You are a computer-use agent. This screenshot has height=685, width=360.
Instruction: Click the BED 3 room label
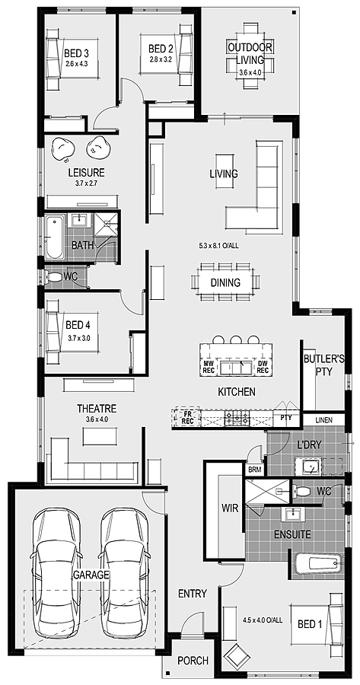point(76,54)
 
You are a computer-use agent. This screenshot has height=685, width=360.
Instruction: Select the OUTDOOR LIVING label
point(250,53)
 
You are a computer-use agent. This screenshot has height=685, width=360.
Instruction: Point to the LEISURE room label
point(86,173)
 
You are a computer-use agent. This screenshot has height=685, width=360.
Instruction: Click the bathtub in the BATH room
point(55,237)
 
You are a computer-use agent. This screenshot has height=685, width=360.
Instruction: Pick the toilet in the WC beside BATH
point(53,277)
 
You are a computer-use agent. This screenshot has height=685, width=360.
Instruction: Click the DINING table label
point(225,282)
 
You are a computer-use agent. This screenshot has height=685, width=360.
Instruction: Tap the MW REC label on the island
point(208,367)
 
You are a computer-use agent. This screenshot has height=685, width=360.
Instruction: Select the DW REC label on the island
point(263,367)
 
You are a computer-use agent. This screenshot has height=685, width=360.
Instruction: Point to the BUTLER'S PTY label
point(324,365)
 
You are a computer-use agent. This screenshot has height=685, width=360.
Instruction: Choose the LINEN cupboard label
point(323,420)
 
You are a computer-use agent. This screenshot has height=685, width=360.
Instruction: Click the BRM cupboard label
point(254,470)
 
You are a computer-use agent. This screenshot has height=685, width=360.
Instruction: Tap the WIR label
point(230,509)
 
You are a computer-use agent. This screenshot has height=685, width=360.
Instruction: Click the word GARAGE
point(91,575)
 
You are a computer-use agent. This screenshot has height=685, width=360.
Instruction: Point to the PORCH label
point(193,661)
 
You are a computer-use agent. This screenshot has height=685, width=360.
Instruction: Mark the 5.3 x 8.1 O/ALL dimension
point(218,246)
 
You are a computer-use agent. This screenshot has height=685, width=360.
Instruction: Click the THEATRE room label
point(97,409)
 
